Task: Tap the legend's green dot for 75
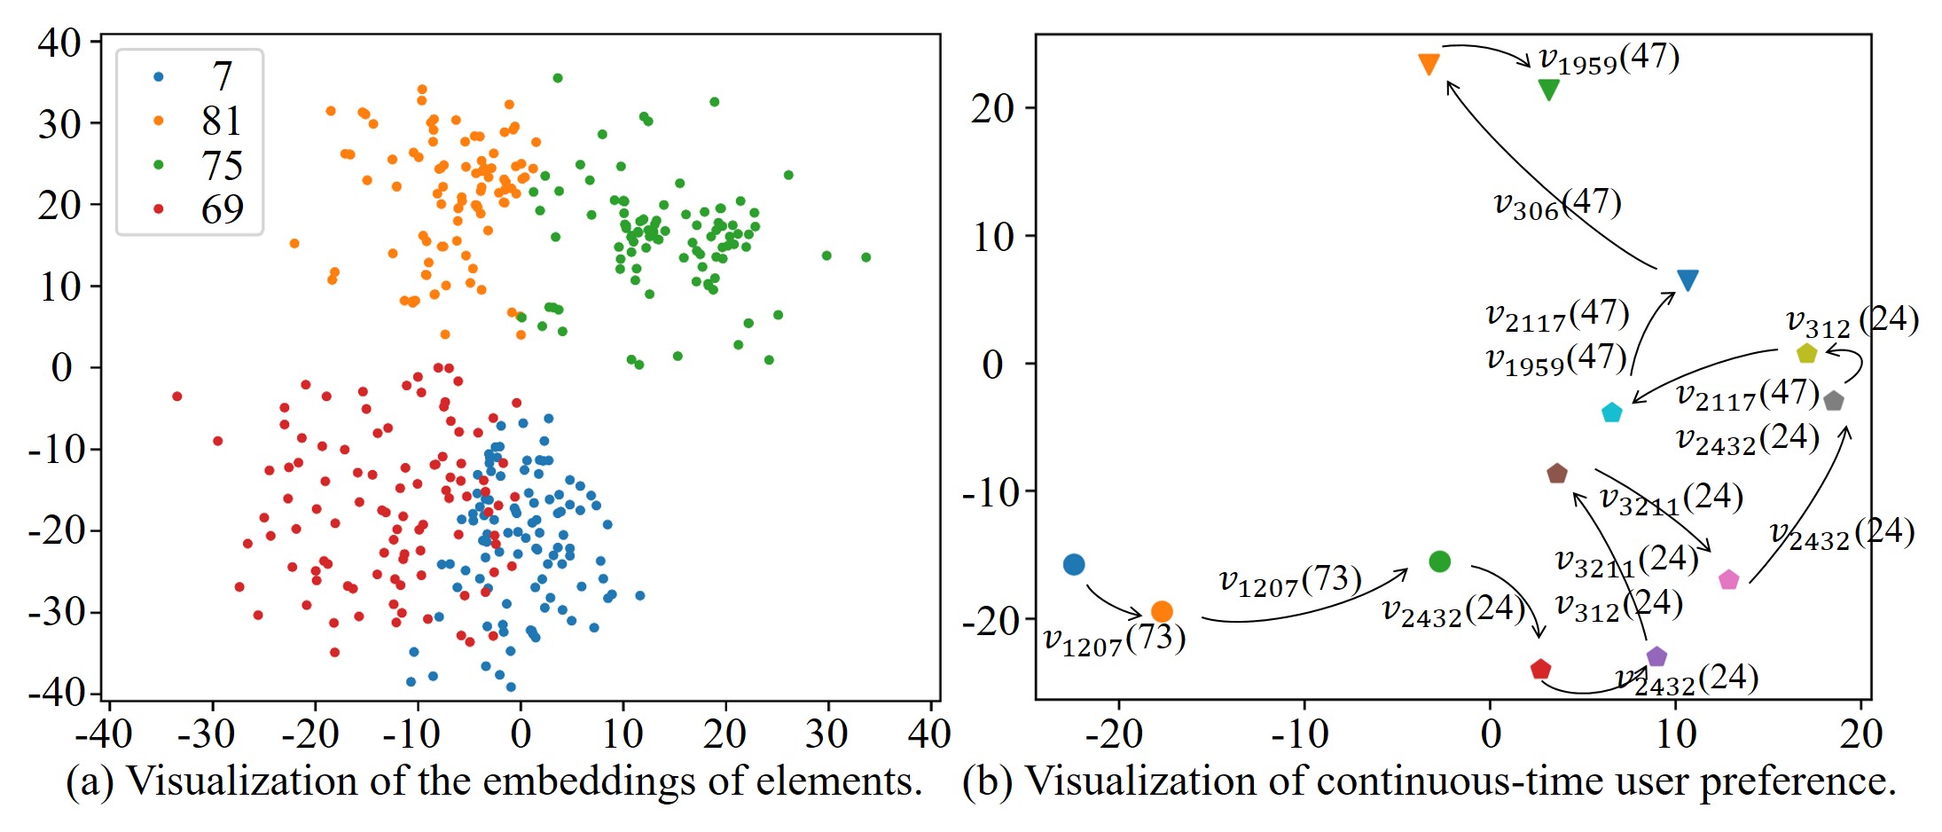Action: coord(159,165)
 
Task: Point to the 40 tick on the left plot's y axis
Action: coord(60,43)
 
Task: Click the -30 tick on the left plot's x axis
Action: coord(207,734)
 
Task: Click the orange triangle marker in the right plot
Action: coord(1429,64)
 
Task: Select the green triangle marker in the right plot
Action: coord(1548,90)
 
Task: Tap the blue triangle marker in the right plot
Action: coord(1688,280)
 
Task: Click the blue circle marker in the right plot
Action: coord(1074,564)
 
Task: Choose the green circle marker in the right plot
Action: coord(1440,561)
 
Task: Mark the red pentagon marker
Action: coord(1540,669)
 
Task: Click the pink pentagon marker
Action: coord(1728,580)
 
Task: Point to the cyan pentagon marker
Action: coord(1612,412)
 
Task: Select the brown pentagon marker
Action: coord(1556,474)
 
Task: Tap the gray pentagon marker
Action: coord(1834,401)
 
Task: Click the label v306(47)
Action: coord(1557,205)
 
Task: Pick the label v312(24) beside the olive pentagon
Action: coord(1852,321)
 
